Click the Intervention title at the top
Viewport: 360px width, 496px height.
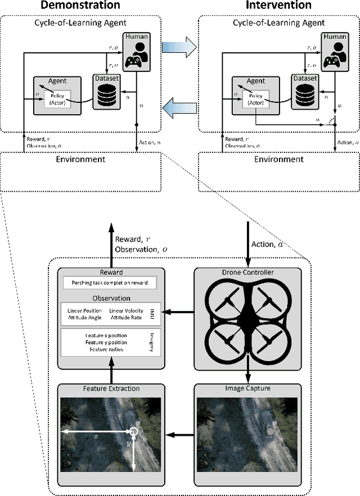[278, 6]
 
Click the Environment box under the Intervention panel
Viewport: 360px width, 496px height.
[279, 159]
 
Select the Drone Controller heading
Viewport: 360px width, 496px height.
[247, 273]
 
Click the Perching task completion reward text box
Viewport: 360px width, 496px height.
[110, 283]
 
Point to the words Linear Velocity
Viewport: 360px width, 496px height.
[126, 311]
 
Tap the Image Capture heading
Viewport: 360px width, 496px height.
[247, 388]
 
